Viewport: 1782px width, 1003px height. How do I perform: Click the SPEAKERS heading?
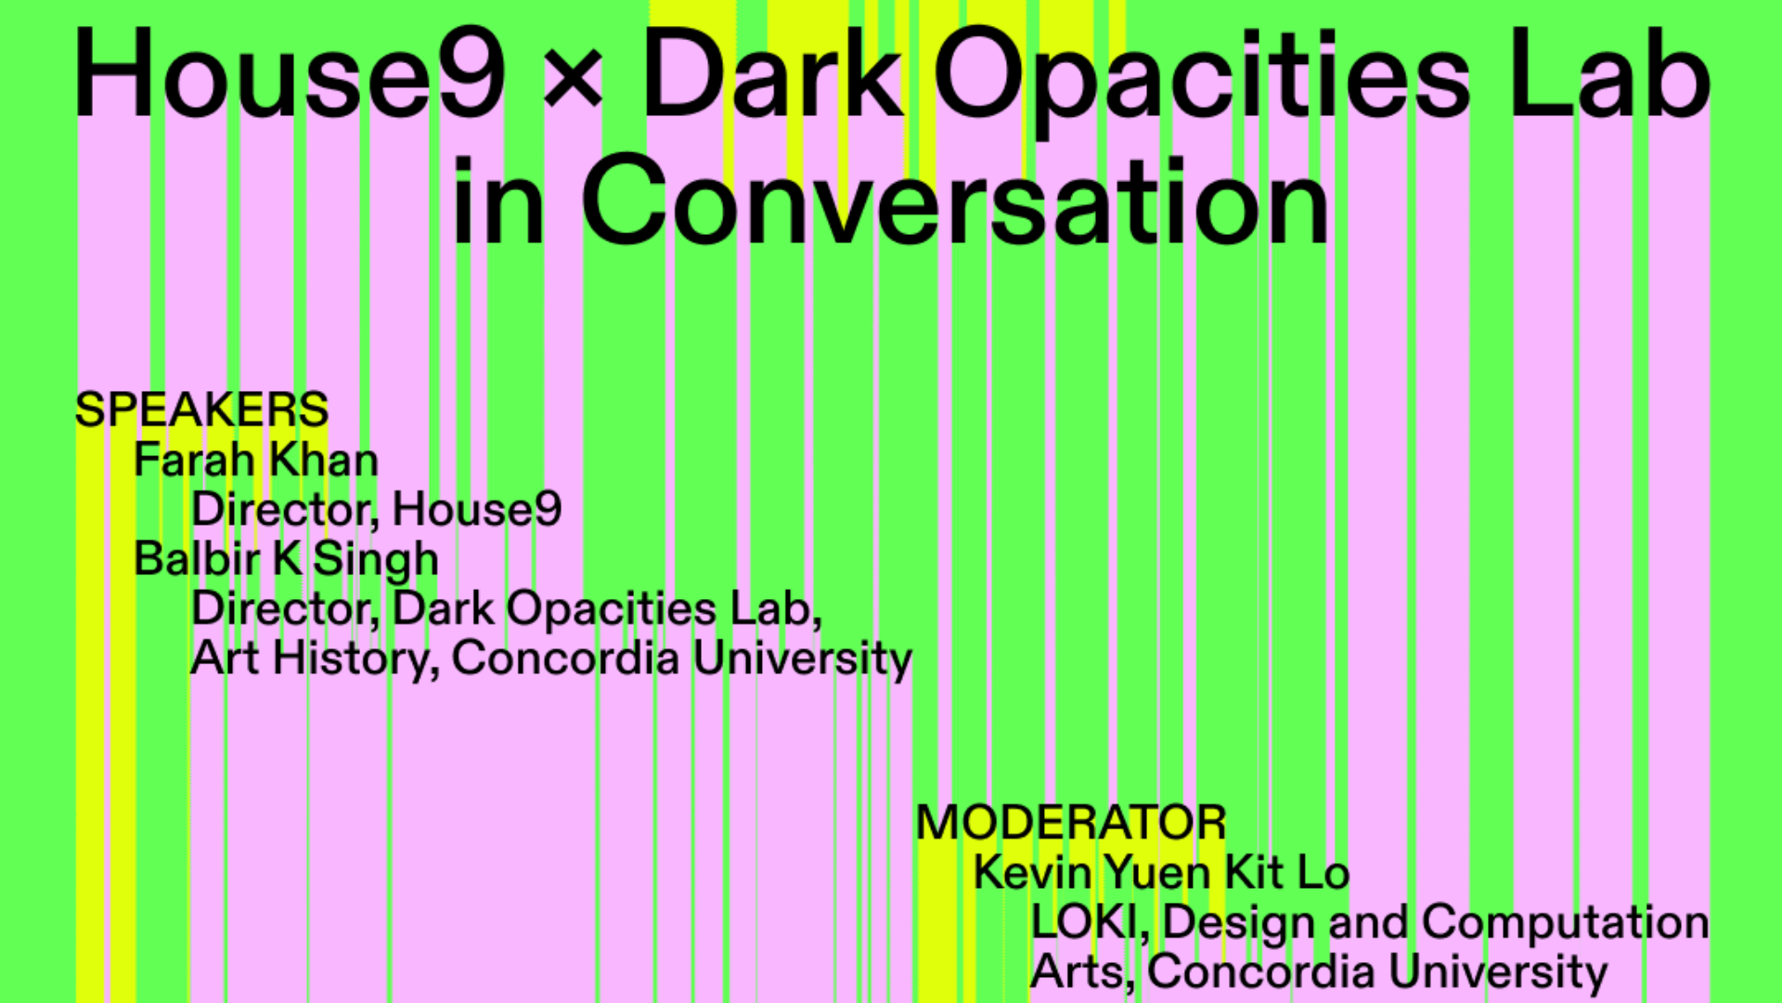click(x=201, y=410)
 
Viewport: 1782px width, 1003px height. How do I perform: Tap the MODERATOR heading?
click(x=1071, y=823)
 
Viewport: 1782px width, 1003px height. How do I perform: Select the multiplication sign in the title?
click(x=574, y=77)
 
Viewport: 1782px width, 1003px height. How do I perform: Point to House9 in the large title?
click(x=291, y=74)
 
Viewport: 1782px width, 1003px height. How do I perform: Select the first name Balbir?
click(x=197, y=558)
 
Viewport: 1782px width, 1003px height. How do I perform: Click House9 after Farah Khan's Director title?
click(x=477, y=509)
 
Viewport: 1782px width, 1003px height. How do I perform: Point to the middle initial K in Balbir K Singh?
click(x=288, y=558)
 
